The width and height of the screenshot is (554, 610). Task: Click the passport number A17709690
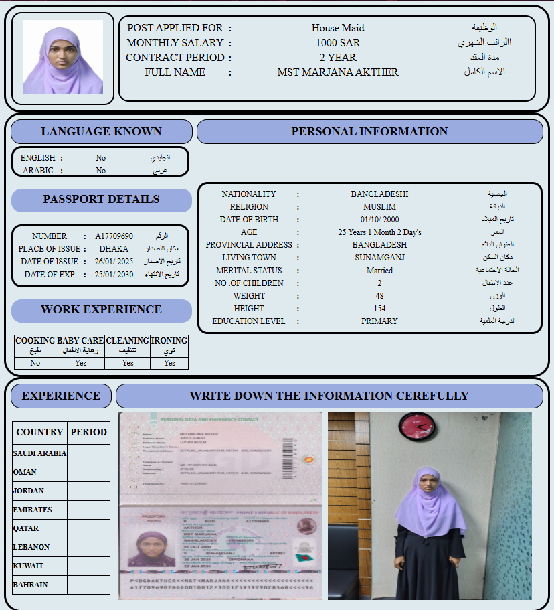click(114, 236)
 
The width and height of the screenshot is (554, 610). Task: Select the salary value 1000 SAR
click(338, 43)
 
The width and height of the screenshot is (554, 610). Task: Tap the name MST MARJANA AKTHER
click(337, 72)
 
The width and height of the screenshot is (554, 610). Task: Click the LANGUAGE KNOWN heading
click(101, 132)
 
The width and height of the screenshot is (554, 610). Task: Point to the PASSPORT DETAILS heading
click(101, 200)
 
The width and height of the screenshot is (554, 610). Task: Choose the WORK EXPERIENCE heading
click(101, 310)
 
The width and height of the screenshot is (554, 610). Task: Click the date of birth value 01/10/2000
click(379, 220)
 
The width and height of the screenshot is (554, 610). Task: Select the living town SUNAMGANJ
click(379, 258)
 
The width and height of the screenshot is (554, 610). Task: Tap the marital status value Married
click(379, 271)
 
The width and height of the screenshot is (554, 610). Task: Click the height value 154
click(379, 309)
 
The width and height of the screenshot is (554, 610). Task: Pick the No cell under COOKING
click(35, 363)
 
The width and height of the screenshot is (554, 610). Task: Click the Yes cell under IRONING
click(169, 363)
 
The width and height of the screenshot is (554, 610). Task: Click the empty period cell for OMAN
click(88, 472)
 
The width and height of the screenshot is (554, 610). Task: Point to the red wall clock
click(416, 426)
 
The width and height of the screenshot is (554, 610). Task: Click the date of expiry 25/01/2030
click(114, 275)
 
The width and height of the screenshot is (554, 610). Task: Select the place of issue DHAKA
click(114, 249)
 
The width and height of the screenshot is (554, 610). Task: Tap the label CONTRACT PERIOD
click(175, 58)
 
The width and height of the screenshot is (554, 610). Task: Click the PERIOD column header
click(88, 432)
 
